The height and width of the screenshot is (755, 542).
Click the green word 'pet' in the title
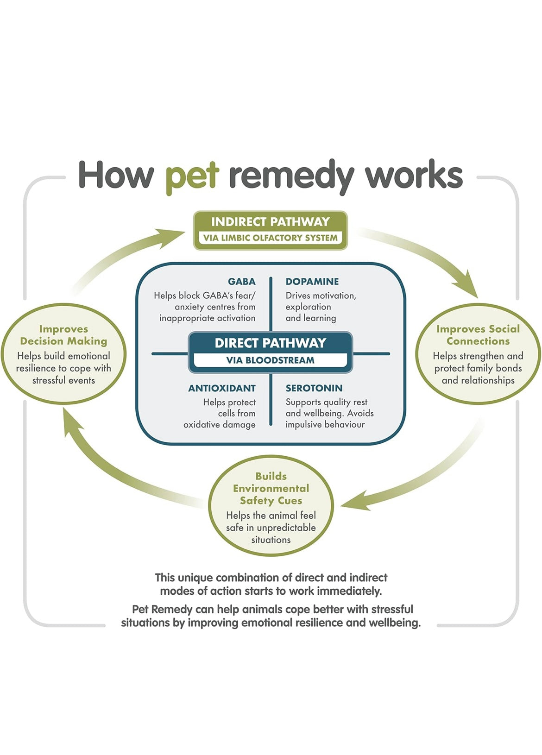tap(192, 176)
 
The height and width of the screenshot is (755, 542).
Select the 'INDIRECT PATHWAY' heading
tap(270, 222)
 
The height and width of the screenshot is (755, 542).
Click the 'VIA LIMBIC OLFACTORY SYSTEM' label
tap(270, 238)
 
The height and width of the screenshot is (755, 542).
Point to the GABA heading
tap(241, 282)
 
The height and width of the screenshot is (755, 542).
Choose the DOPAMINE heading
tap(312, 282)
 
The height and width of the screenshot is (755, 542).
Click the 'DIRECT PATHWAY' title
tap(270, 343)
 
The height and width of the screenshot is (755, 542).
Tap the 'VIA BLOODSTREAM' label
tap(270, 360)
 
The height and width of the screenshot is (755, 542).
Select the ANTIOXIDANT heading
tap(221, 388)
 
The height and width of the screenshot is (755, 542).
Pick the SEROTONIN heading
tap(314, 388)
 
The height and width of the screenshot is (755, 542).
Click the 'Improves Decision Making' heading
tap(63, 335)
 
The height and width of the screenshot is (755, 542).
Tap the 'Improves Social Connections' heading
tap(478, 335)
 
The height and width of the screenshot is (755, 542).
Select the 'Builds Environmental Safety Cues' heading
tap(271, 488)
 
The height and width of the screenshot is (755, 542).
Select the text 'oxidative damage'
tap(219, 425)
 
